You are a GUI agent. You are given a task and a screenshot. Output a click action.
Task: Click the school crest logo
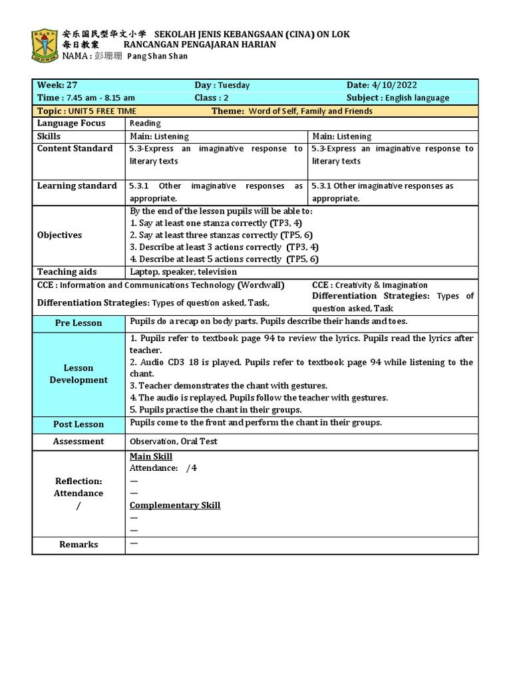pyautogui.click(x=44, y=45)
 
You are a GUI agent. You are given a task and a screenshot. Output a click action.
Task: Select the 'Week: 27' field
pyautogui.click(x=57, y=85)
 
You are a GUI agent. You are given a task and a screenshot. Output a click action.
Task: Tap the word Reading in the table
pyautogui.click(x=145, y=124)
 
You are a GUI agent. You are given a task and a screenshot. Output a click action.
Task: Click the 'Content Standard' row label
pyautogui.click(x=75, y=148)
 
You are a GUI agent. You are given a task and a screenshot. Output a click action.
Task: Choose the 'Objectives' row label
pyautogui.click(x=60, y=235)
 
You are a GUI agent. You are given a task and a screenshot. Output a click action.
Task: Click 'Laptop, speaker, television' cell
pyautogui.click(x=183, y=272)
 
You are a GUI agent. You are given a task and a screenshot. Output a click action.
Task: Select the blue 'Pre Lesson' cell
pyautogui.click(x=79, y=323)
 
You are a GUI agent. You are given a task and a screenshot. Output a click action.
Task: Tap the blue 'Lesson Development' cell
pyautogui.click(x=79, y=374)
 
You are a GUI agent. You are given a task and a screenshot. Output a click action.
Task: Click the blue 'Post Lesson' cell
pyautogui.click(x=79, y=424)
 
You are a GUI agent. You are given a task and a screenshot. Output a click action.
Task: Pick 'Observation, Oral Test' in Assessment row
pyautogui.click(x=174, y=442)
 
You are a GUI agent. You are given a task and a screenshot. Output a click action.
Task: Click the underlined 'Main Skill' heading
pyautogui.click(x=151, y=456)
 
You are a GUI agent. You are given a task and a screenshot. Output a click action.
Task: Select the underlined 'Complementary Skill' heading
pyautogui.click(x=175, y=505)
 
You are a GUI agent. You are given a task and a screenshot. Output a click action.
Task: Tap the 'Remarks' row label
pyautogui.click(x=79, y=545)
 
